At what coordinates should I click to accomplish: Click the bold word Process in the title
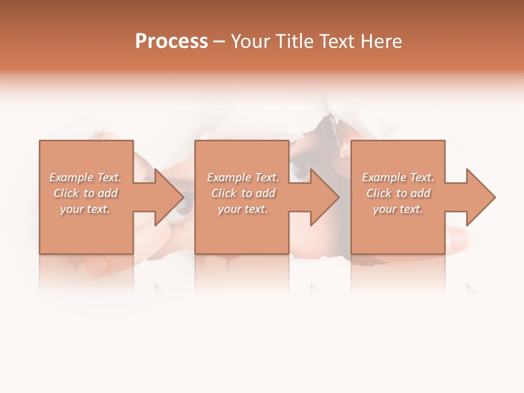point(171,41)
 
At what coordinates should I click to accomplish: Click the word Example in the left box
point(72,177)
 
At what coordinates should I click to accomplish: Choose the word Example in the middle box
point(229,177)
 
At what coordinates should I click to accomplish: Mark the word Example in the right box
point(384,177)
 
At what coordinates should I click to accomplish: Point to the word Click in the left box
point(65,193)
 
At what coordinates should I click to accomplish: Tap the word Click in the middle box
point(223,193)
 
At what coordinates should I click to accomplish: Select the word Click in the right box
point(378,193)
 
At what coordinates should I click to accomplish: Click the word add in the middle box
point(265,193)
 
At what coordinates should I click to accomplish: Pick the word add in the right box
point(420,193)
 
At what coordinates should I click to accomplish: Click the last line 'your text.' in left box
point(85,209)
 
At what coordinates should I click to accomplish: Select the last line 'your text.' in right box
point(398,209)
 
